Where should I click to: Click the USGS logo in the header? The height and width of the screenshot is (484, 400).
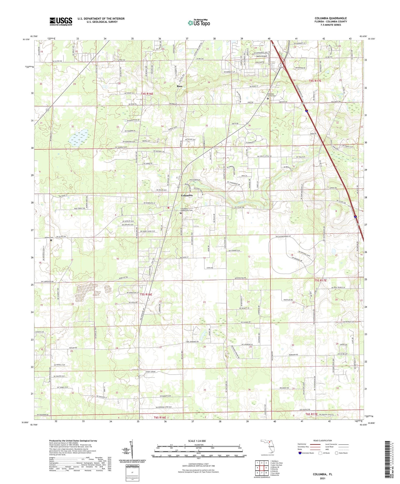point(61,21)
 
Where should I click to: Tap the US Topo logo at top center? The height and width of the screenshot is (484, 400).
point(199,23)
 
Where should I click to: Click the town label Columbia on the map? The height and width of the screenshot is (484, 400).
point(187,195)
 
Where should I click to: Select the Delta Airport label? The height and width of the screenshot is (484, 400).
point(261,56)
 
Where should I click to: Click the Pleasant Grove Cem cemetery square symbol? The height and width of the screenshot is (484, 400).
point(268,98)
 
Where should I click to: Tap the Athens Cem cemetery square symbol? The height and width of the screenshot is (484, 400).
point(51,240)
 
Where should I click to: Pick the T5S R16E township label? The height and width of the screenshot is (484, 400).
point(146,294)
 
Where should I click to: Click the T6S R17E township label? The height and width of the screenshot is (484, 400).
point(311,414)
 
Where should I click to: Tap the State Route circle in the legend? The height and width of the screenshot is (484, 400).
point(337,453)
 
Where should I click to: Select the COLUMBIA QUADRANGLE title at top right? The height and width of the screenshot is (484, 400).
point(331,18)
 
